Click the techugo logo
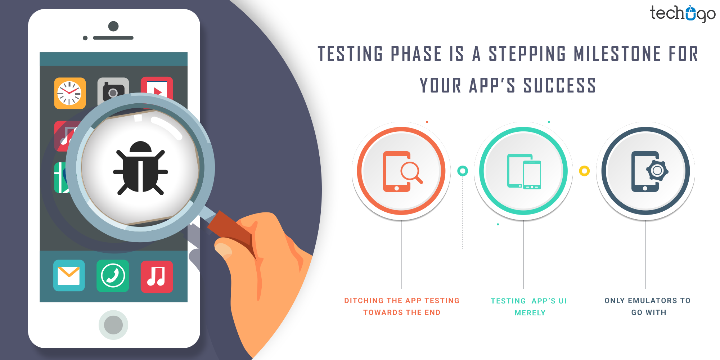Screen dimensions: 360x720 (682, 14)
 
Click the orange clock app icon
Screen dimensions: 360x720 (70, 93)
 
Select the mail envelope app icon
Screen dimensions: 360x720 (69, 275)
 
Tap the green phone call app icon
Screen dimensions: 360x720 (113, 276)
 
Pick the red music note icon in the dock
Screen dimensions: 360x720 (157, 276)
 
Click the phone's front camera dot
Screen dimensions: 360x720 (113, 26)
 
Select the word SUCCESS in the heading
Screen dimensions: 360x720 (560, 86)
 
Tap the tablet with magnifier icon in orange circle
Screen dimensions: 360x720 (401, 171)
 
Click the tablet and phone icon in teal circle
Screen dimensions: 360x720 (524, 171)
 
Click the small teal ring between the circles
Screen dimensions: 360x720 (463, 171)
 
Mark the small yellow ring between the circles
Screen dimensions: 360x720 (584, 171)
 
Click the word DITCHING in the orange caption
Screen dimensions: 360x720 (364, 301)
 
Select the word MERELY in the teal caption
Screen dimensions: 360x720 (530, 313)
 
